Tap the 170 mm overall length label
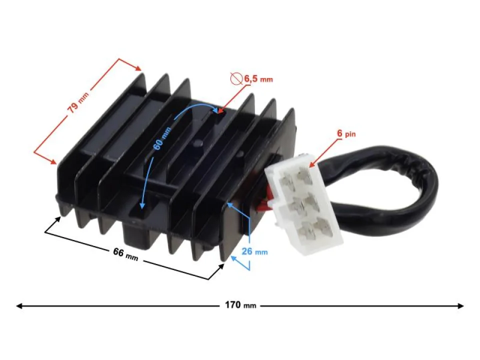point(240,305)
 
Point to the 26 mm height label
point(254,251)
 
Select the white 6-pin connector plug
point(305,205)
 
